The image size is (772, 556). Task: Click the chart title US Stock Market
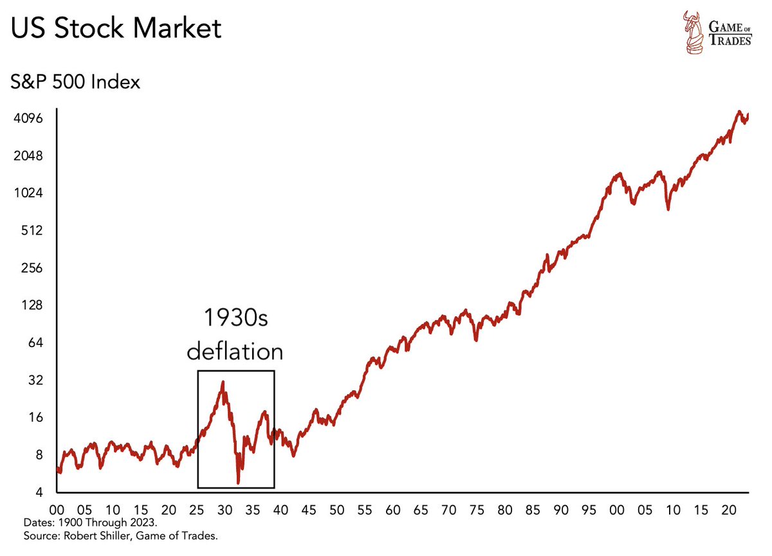pyautogui.click(x=116, y=29)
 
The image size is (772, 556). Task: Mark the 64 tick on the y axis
pyautogui.click(x=33, y=343)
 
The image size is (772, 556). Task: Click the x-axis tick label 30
pyautogui.click(x=224, y=510)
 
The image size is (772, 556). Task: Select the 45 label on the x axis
pyautogui.click(x=308, y=510)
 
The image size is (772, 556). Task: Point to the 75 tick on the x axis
pyautogui.click(x=477, y=510)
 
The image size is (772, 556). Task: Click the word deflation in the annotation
pyautogui.click(x=234, y=352)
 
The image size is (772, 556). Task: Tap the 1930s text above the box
pyautogui.click(x=235, y=318)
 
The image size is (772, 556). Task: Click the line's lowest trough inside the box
pyautogui.click(x=238, y=483)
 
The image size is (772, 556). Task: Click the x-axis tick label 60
pyautogui.click(x=392, y=510)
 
